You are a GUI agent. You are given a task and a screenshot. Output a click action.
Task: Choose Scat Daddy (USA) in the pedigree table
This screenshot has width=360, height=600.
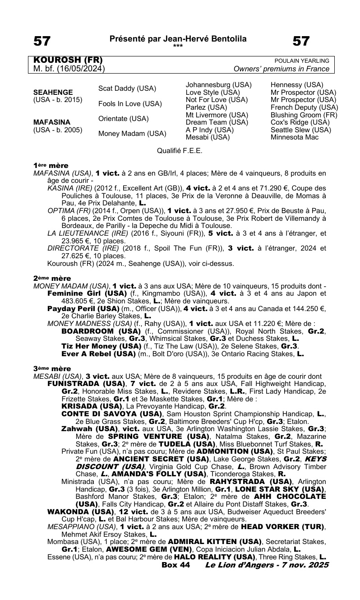[127, 88]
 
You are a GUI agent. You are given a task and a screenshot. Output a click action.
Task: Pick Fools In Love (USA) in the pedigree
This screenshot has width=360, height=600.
[130, 104]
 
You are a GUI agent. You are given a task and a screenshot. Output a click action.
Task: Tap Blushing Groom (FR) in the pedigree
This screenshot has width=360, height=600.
[304, 115]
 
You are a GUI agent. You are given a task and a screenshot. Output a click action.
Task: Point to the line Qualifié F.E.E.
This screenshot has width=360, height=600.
[180, 151]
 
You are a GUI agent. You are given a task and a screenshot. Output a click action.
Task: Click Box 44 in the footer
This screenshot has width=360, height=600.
[175, 565]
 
